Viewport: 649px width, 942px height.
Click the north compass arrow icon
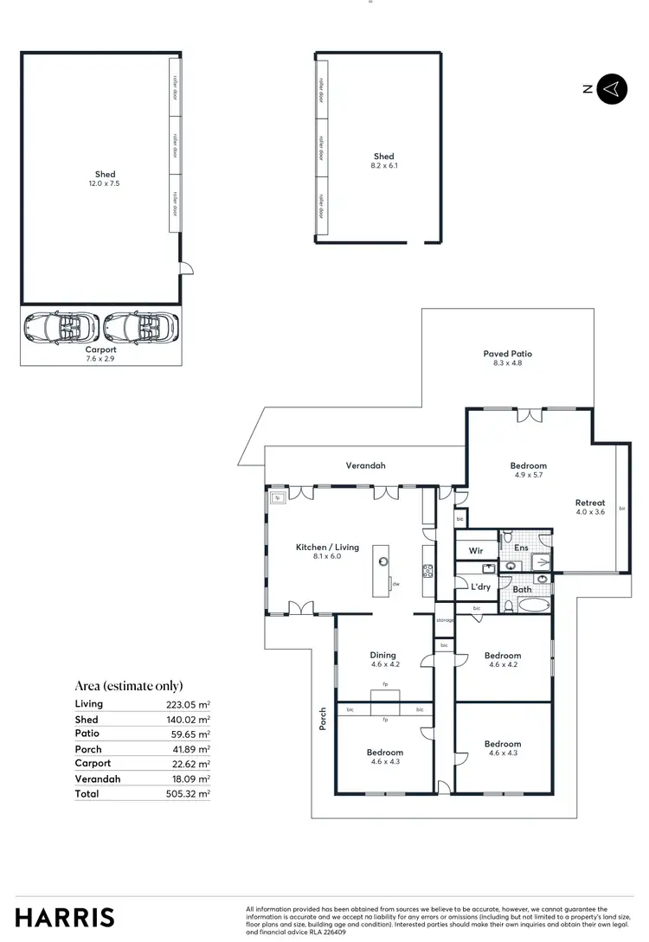(x=612, y=88)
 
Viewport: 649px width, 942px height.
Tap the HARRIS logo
(x=64, y=917)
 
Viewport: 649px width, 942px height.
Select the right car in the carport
(x=140, y=327)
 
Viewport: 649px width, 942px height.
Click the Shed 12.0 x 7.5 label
(x=106, y=179)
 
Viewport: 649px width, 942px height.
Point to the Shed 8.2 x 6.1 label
(x=384, y=161)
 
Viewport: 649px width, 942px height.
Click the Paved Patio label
(x=507, y=358)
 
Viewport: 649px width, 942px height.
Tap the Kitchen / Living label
(x=327, y=552)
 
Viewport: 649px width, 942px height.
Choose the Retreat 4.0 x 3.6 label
(x=590, y=507)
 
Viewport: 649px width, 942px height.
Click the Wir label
(x=476, y=550)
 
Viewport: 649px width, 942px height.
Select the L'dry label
(x=480, y=586)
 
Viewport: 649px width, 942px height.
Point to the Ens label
(x=522, y=548)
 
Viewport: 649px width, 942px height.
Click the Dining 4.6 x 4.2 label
(x=383, y=660)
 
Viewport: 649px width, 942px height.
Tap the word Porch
(x=323, y=720)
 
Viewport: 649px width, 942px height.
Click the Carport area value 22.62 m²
(x=188, y=764)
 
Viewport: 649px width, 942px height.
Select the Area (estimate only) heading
(x=128, y=685)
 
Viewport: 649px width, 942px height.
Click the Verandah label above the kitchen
(x=365, y=465)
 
